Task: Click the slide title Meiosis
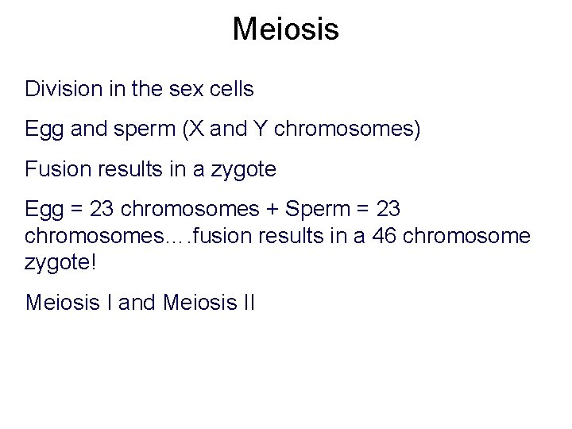coord(286,30)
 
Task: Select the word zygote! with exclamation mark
coord(60,261)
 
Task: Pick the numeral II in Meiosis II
coord(246,302)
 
